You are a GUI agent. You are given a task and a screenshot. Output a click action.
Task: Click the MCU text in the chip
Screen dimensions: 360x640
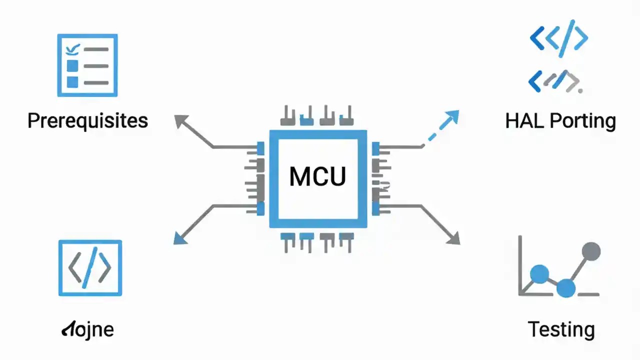pos(317,177)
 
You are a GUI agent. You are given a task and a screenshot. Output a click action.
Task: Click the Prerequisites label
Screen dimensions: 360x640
pos(87,121)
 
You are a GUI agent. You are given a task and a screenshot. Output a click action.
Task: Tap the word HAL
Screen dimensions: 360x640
pos(523,121)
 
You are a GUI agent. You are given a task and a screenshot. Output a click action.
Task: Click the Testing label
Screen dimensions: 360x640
pos(561,329)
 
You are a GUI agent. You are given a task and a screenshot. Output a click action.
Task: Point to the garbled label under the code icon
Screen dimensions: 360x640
pos(87,329)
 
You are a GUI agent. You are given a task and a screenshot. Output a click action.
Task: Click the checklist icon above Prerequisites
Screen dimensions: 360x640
pos(87,65)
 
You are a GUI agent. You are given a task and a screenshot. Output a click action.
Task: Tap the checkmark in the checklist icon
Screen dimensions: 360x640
pos(73,48)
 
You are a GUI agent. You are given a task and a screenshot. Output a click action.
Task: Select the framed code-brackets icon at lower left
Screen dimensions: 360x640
pos(90,268)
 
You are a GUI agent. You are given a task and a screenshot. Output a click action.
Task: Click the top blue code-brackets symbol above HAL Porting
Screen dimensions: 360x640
pos(558,38)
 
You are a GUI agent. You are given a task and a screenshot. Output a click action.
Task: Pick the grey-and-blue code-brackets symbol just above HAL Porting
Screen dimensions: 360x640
pos(555,81)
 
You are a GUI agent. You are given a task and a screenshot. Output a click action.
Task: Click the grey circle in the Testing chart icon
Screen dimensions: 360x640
pos(591,251)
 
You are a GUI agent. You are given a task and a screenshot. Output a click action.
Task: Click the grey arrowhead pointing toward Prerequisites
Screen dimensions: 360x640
pos(180,120)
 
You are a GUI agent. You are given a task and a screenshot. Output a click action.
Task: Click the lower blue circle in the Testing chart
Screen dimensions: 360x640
pos(565,288)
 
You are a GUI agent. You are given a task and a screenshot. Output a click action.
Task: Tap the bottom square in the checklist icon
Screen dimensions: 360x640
pos(73,82)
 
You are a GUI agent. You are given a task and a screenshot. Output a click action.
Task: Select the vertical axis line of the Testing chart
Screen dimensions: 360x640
pos(520,265)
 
